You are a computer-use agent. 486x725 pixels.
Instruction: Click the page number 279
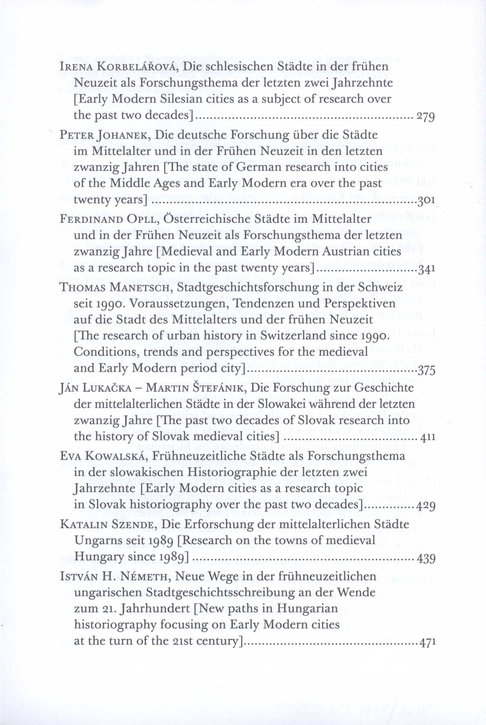pos(426,117)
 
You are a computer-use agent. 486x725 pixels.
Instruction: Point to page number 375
pos(427,370)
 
